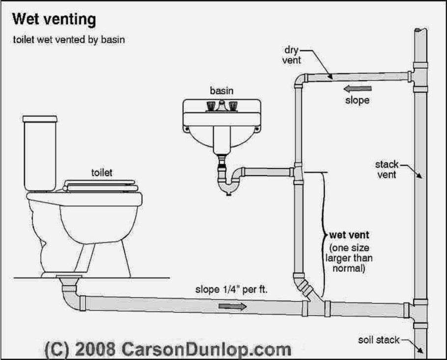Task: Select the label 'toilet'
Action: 102,172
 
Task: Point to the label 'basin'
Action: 221,91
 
